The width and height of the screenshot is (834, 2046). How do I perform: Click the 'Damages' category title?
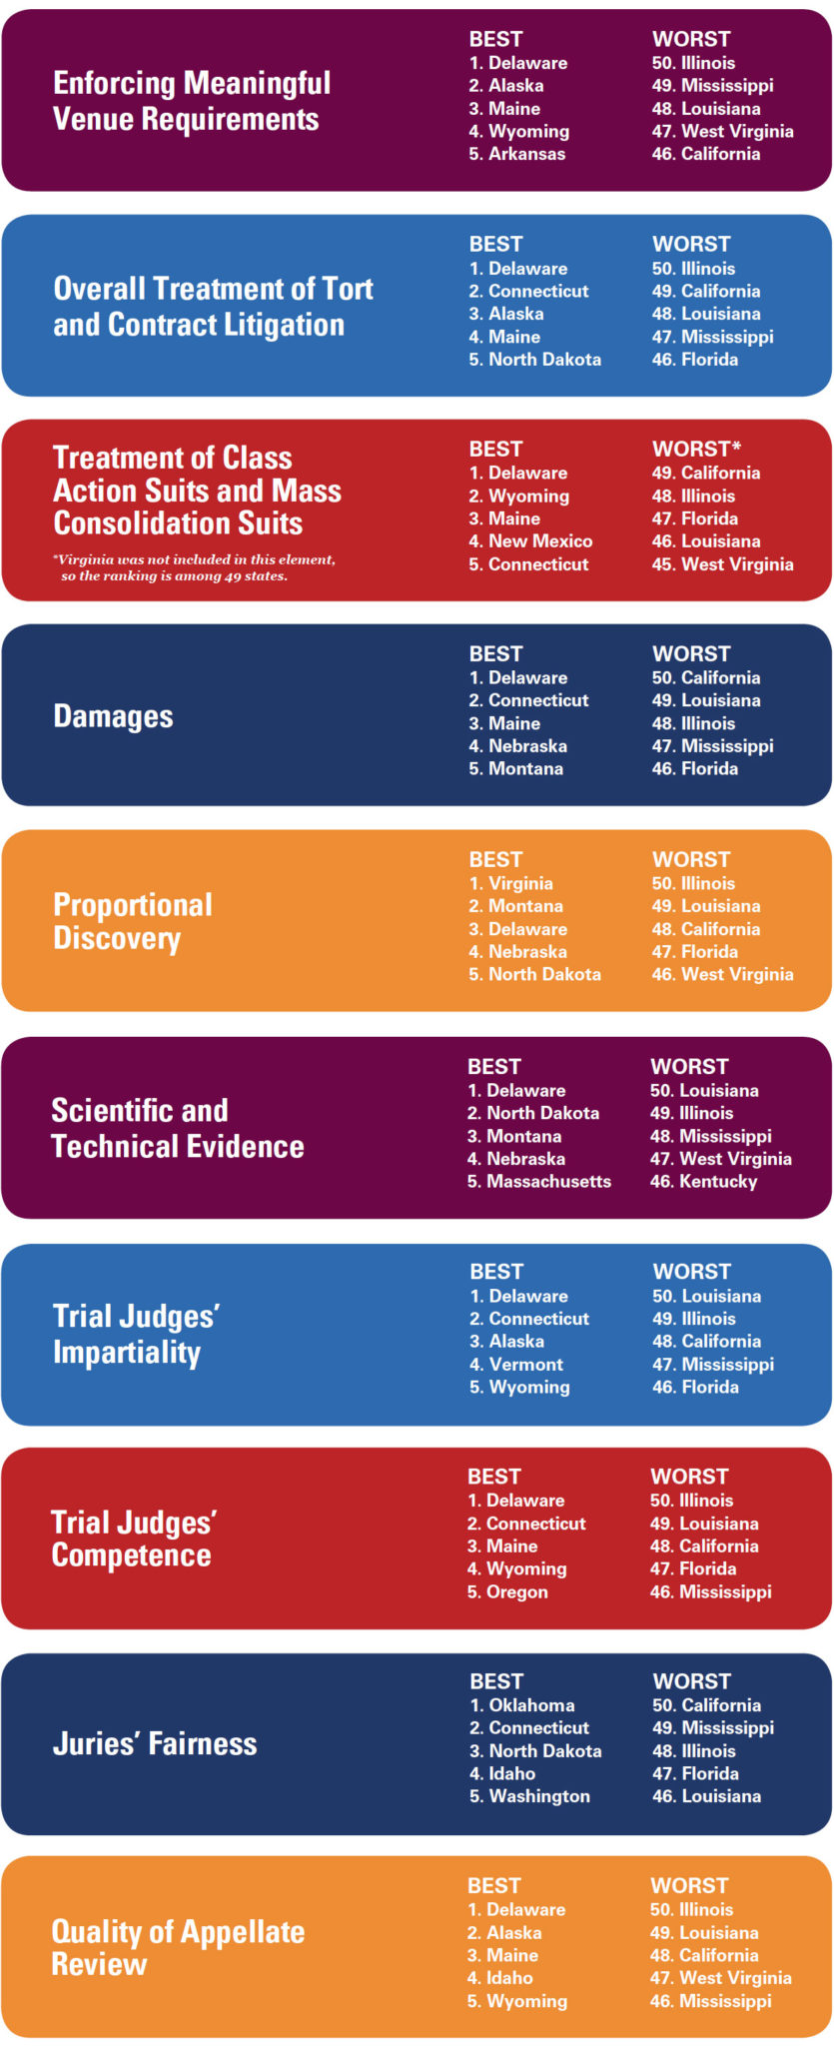(113, 716)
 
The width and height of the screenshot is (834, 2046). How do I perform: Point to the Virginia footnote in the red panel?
(195, 567)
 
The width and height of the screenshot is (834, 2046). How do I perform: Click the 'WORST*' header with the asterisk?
(696, 449)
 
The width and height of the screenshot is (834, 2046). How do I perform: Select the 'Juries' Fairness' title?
(155, 1744)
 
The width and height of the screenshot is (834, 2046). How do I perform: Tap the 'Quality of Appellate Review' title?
(178, 1948)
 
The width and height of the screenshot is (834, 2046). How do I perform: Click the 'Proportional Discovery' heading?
(133, 921)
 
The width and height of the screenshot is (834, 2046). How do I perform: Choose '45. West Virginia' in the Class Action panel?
(723, 564)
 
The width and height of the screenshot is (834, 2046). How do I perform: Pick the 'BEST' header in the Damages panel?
(495, 653)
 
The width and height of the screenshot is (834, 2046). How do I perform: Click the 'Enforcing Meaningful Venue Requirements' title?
(192, 101)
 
